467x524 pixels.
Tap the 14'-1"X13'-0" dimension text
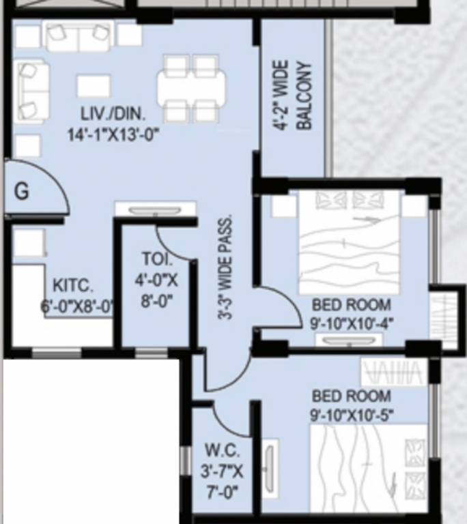[113, 134]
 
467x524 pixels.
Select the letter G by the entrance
[22, 192]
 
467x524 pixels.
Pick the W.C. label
[221, 451]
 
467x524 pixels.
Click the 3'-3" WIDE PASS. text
[226, 267]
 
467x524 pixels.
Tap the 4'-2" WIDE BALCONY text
[293, 96]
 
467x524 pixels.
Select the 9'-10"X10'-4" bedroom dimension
[351, 323]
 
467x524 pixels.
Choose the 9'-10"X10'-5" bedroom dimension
[351, 414]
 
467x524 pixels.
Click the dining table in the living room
[191, 88]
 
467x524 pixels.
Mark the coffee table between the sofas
[94, 86]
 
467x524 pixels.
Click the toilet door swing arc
[174, 242]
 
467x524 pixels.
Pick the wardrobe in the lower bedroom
[393, 373]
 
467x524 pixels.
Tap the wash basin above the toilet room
[155, 209]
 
